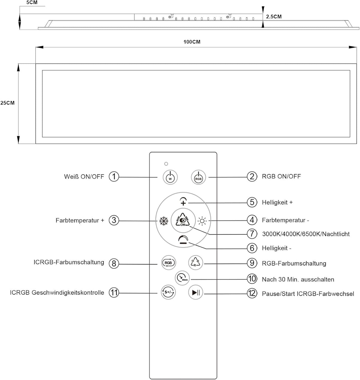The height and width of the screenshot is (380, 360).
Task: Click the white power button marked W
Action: pyautogui.click(x=170, y=177)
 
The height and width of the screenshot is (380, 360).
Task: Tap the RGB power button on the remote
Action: pyautogui.click(x=198, y=177)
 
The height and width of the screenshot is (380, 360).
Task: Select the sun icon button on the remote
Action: pyautogui.click(x=202, y=221)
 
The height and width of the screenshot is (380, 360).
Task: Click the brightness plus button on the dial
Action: pyautogui.click(x=183, y=201)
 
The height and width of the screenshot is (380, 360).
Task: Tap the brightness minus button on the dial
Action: pyautogui.click(x=183, y=240)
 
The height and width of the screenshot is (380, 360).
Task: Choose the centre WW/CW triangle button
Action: pyautogui.click(x=183, y=220)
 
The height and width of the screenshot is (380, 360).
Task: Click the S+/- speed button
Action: pyautogui.click(x=168, y=292)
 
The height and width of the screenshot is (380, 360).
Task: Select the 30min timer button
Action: pyautogui.click(x=182, y=278)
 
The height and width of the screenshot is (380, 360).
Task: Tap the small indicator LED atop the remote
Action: pyautogui.click(x=166, y=164)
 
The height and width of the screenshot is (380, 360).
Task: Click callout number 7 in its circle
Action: pyautogui.click(x=252, y=234)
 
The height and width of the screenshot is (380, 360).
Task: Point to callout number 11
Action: pyautogui.click(x=114, y=292)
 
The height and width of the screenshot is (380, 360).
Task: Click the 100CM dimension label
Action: pyautogui.click(x=192, y=42)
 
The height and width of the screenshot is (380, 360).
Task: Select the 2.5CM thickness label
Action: pyautogui.click(x=274, y=17)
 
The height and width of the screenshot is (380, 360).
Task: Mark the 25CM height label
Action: pyautogui.click(x=7, y=103)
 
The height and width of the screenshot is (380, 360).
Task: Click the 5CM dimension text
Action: pyautogui.click(x=32, y=2)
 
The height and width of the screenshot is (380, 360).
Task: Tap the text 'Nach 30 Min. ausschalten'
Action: pyautogui.click(x=298, y=279)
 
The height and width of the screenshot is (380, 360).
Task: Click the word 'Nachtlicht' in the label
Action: pyautogui.click(x=336, y=234)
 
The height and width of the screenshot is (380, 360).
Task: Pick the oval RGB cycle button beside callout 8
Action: pyautogui.click(x=169, y=263)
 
